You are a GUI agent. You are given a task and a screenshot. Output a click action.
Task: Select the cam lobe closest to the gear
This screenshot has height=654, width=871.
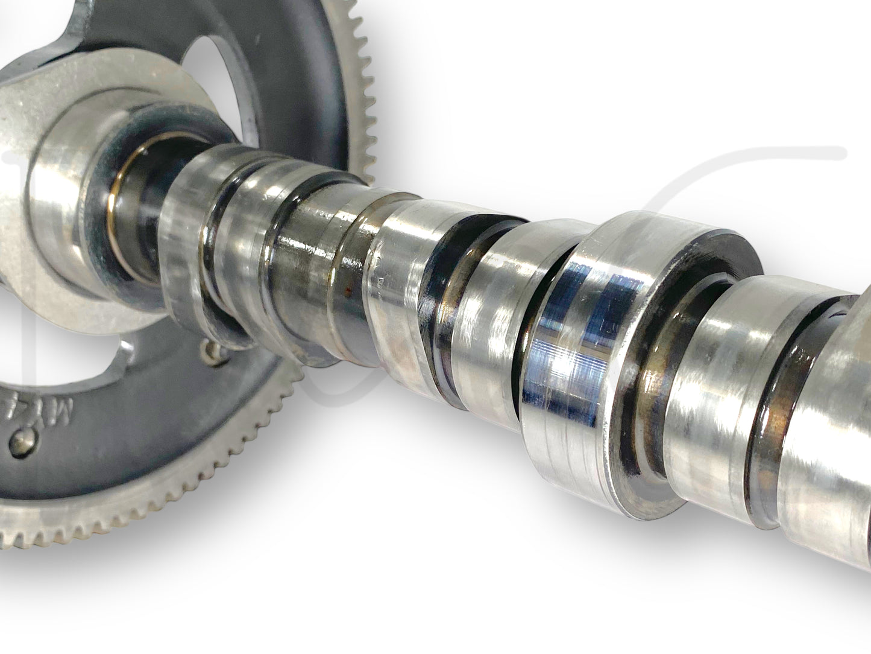193,247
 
